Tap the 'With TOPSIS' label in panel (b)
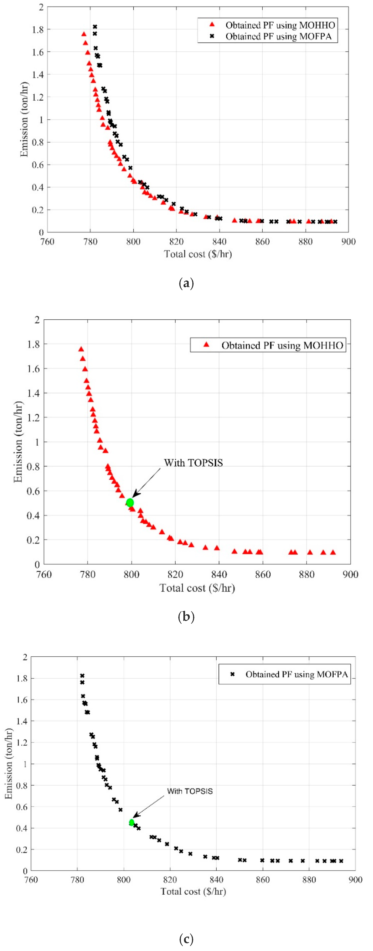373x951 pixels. pos(193,463)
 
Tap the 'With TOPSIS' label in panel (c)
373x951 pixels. pos(190,791)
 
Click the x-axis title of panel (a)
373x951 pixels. pos(198,254)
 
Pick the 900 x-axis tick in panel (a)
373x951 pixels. pos(348,242)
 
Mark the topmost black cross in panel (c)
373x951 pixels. pos(82,676)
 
